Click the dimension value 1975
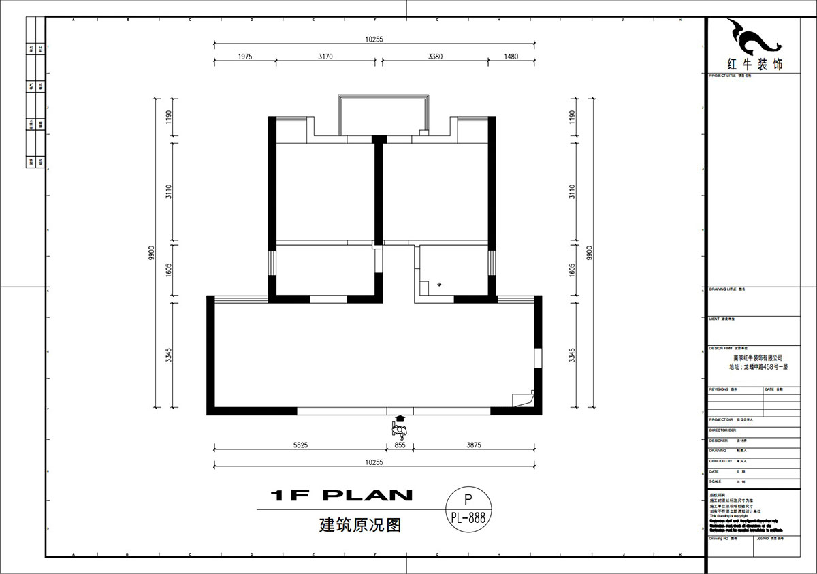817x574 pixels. (245, 57)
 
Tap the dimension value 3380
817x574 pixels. (435, 57)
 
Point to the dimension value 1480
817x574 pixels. (511, 57)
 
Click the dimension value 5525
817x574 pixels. (301, 445)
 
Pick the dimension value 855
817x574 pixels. (400, 445)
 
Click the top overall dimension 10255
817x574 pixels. (374, 39)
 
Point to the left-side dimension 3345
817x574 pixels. (168, 355)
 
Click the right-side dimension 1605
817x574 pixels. (572, 270)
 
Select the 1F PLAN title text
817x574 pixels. (341, 495)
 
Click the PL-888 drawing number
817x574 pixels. (468, 517)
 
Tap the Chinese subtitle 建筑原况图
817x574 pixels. (359, 526)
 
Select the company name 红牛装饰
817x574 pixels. (755, 65)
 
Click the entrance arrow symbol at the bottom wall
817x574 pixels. (400, 419)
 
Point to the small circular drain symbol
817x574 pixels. (439, 283)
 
